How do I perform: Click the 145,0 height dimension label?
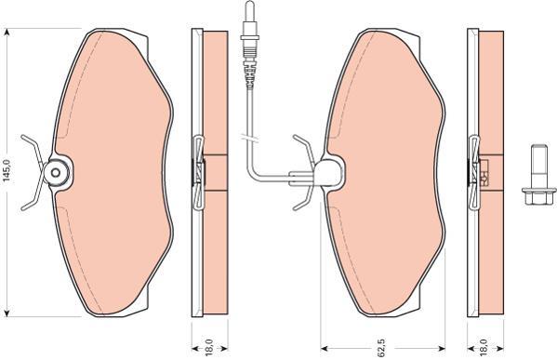coord(7,171)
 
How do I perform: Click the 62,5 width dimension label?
coord(381,348)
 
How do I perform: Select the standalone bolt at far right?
coord(539,175)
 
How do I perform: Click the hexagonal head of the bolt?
coord(539,197)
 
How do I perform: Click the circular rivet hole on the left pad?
coord(56,173)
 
